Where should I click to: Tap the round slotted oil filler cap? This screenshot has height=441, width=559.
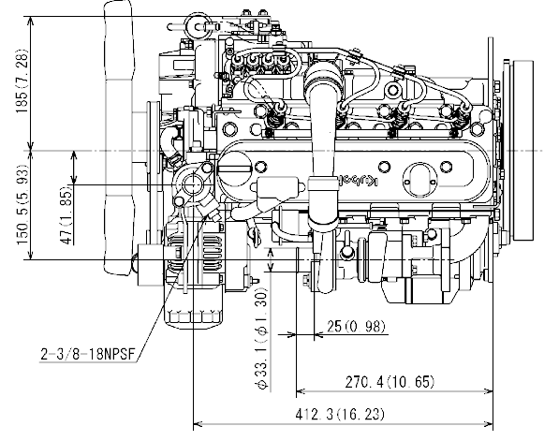coord(236,169)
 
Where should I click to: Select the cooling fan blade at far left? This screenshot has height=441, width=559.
coord(117,140)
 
